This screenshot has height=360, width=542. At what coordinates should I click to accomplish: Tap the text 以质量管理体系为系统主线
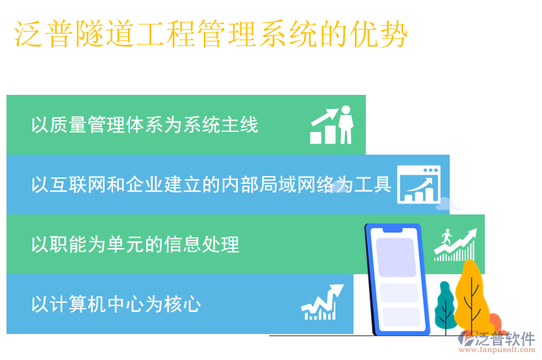144,125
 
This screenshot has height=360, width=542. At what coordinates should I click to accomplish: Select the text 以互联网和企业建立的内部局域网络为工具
211,185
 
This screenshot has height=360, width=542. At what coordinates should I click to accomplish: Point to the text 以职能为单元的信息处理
135,244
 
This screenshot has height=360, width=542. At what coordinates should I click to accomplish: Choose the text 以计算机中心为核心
116,304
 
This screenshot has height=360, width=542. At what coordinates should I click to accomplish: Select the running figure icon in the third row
455,244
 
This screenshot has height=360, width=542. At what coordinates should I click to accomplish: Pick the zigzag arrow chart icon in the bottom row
322,303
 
